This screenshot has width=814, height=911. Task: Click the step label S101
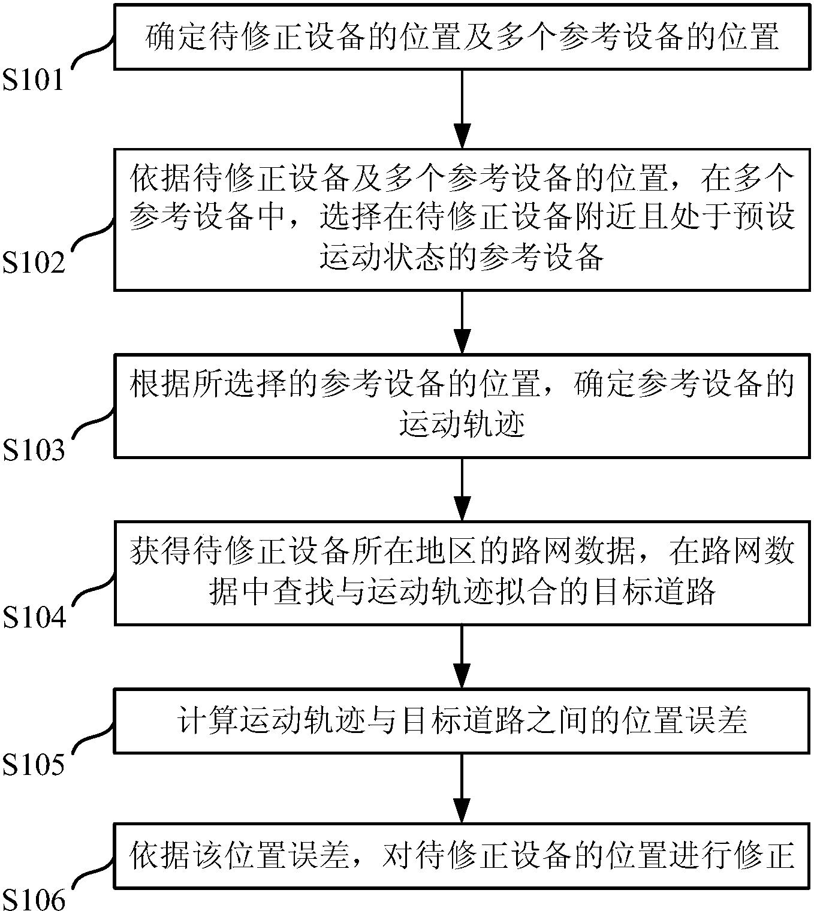point(33,80)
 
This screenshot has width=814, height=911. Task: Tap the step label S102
point(34,263)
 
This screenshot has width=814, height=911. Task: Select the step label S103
point(34,450)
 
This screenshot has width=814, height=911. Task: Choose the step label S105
point(33,765)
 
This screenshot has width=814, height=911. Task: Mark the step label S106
point(34,898)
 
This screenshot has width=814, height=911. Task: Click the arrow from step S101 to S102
point(462,108)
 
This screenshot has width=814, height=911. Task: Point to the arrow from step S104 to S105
point(462,657)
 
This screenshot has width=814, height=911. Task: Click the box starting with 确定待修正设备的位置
point(462,37)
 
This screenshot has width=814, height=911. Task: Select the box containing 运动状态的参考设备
point(462,219)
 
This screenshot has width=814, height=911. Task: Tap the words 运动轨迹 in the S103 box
point(462,426)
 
